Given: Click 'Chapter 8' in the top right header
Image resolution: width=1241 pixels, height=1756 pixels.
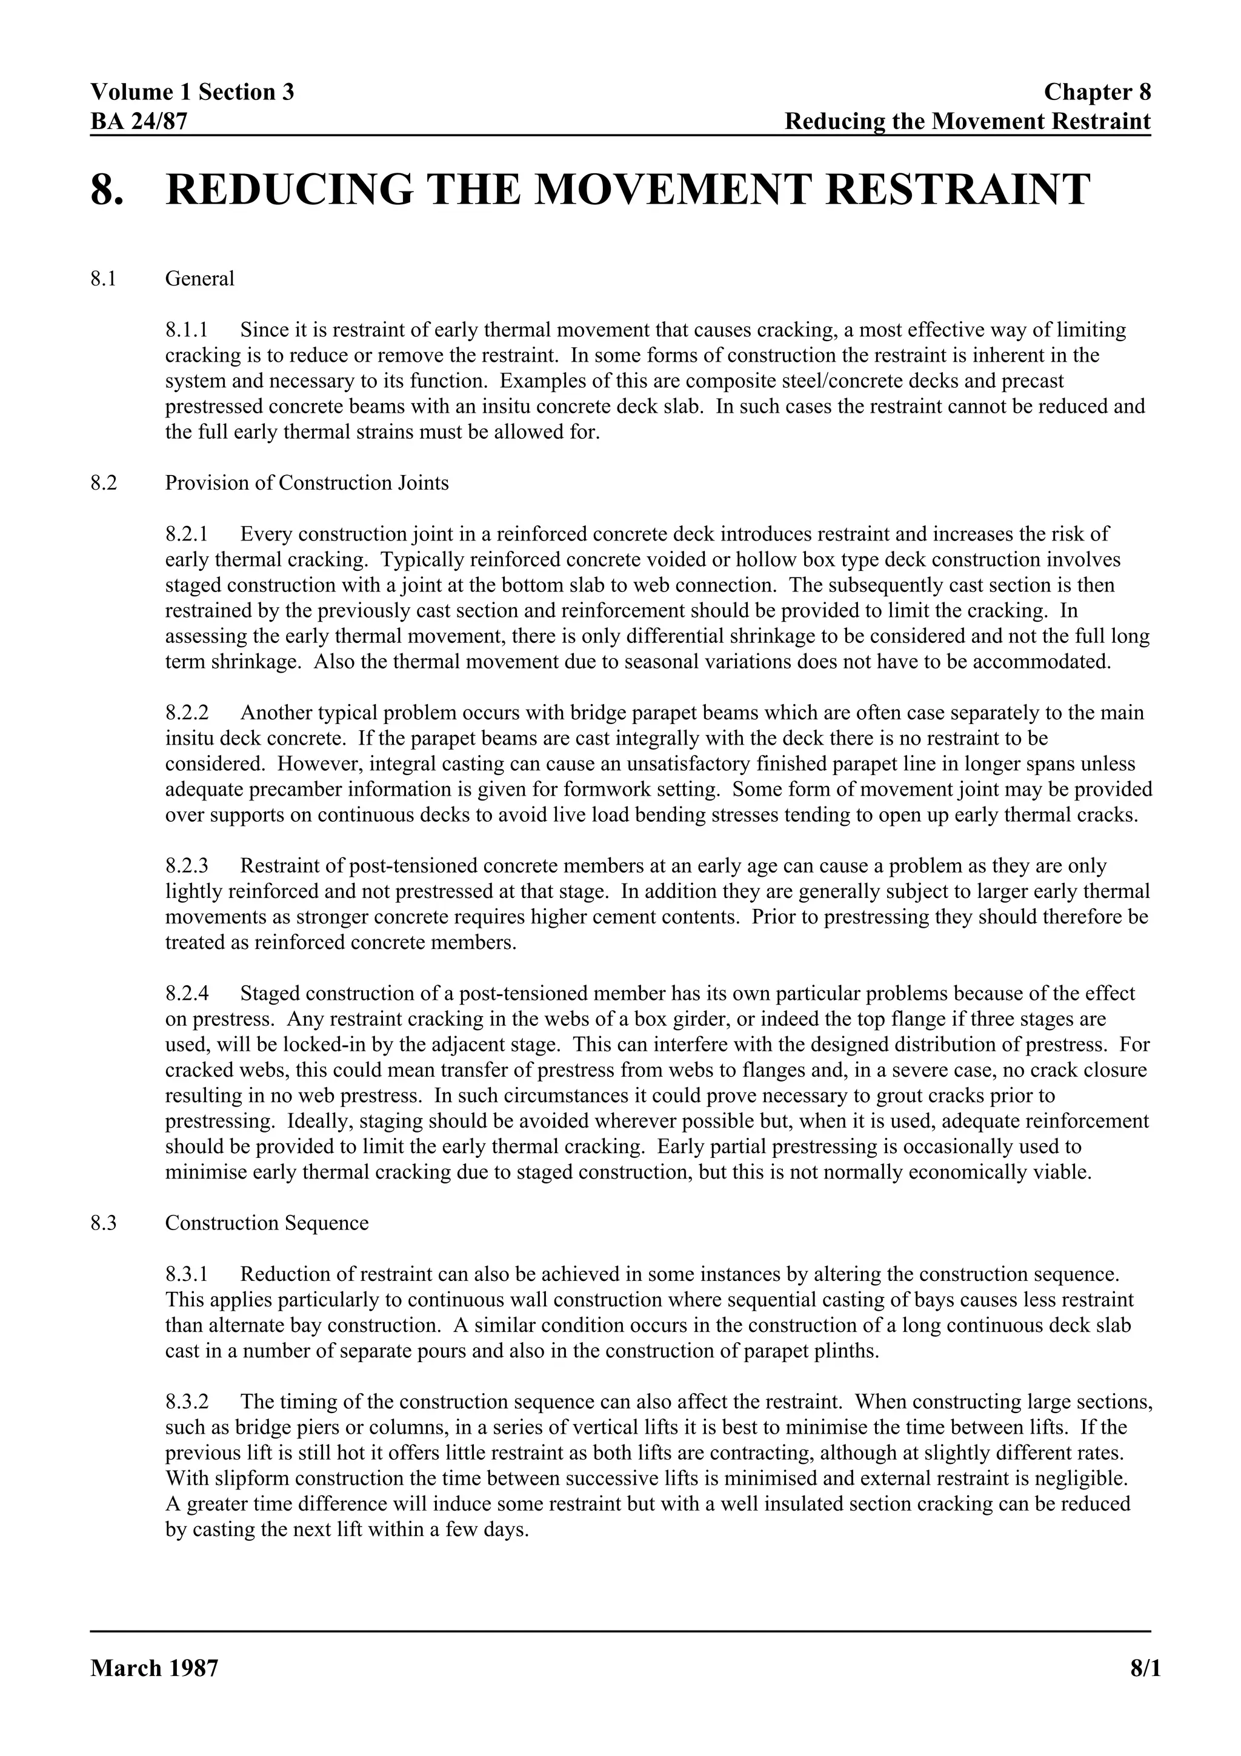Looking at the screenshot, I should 1097,93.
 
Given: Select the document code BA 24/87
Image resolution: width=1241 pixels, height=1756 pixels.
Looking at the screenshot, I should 138,121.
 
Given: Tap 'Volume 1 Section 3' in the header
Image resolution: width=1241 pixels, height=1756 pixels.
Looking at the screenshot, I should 192,93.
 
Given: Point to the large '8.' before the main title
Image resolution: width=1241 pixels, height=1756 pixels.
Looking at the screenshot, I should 107,190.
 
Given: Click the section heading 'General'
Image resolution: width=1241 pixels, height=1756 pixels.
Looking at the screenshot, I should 199,278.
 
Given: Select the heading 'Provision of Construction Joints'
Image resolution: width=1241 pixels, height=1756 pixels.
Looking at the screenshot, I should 307,482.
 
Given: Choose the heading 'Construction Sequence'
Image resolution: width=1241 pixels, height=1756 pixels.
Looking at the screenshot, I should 267,1223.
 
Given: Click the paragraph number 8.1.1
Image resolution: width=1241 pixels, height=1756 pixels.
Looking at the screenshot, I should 187,330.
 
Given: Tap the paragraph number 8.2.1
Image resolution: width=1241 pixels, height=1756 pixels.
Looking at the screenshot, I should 187,534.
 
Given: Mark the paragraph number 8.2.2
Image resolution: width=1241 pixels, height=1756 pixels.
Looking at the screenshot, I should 187,713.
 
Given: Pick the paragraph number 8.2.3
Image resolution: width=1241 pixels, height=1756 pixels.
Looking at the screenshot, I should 187,866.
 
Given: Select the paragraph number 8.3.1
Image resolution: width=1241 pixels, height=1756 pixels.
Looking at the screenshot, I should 187,1274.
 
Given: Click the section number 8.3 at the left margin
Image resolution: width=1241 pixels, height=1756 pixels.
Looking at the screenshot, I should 103,1223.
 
